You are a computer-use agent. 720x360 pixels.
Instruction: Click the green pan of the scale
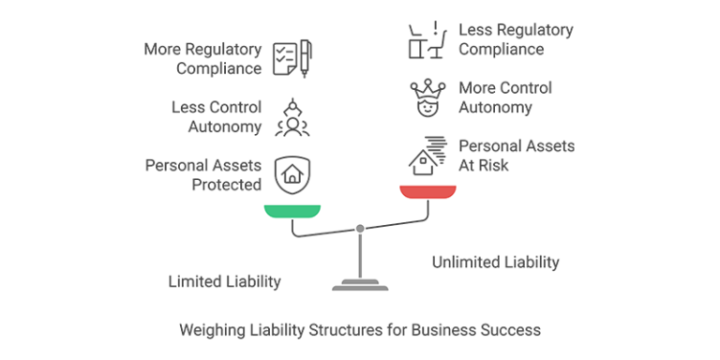[x=292, y=210]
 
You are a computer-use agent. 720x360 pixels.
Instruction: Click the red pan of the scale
[x=427, y=191]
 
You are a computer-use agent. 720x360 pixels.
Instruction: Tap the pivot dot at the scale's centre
[x=359, y=228]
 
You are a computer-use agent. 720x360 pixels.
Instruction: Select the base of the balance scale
[x=359, y=284]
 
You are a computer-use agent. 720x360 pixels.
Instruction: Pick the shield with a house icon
[x=292, y=174]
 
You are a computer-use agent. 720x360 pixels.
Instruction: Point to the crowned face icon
[x=427, y=97]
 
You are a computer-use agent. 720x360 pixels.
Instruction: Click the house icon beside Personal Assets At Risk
[x=427, y=157]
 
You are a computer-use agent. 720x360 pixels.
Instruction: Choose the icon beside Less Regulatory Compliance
[x=427, y=39]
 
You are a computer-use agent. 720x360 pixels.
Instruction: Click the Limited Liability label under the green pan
[x=224, y=280]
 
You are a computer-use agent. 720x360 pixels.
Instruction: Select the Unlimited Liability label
[x=495, y=262]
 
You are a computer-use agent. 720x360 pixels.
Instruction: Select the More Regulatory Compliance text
[x=202, y=58]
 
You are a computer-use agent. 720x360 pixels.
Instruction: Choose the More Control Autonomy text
[x=505, y=97]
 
